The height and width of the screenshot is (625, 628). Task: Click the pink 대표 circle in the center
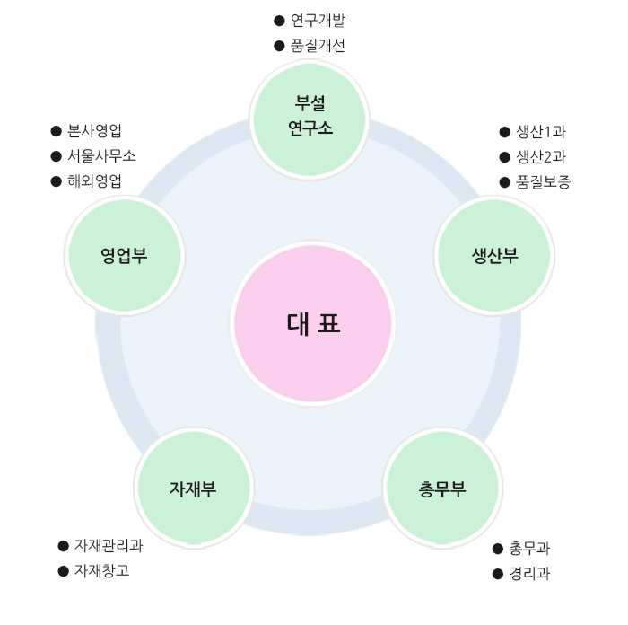point(313,323)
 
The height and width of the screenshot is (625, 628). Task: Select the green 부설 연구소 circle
point(310,117)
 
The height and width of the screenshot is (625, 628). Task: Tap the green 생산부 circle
point(494,255)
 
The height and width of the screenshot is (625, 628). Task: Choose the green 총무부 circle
point(441,489)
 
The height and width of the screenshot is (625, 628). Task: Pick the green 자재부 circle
point(193,489)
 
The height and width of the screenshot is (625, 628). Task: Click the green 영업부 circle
point(125,255)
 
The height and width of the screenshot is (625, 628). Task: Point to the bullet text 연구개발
point(318,20)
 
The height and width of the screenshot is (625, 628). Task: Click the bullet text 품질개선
point(318,46)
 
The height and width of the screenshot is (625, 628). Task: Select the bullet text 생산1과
point(541,132)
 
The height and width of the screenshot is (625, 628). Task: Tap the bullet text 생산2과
point(541,157)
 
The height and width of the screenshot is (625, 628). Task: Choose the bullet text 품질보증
point(543,182)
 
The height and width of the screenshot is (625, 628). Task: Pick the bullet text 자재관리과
point(109,545)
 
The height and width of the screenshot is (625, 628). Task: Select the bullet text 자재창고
point(101,570)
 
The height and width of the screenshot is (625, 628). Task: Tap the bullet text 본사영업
point(94,130)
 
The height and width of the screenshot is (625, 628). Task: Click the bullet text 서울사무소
point(101,155)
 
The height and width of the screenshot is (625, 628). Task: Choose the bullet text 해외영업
point(94,180)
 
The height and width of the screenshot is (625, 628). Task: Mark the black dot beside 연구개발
point(279,20)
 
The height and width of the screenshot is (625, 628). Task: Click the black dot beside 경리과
point(498,574)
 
